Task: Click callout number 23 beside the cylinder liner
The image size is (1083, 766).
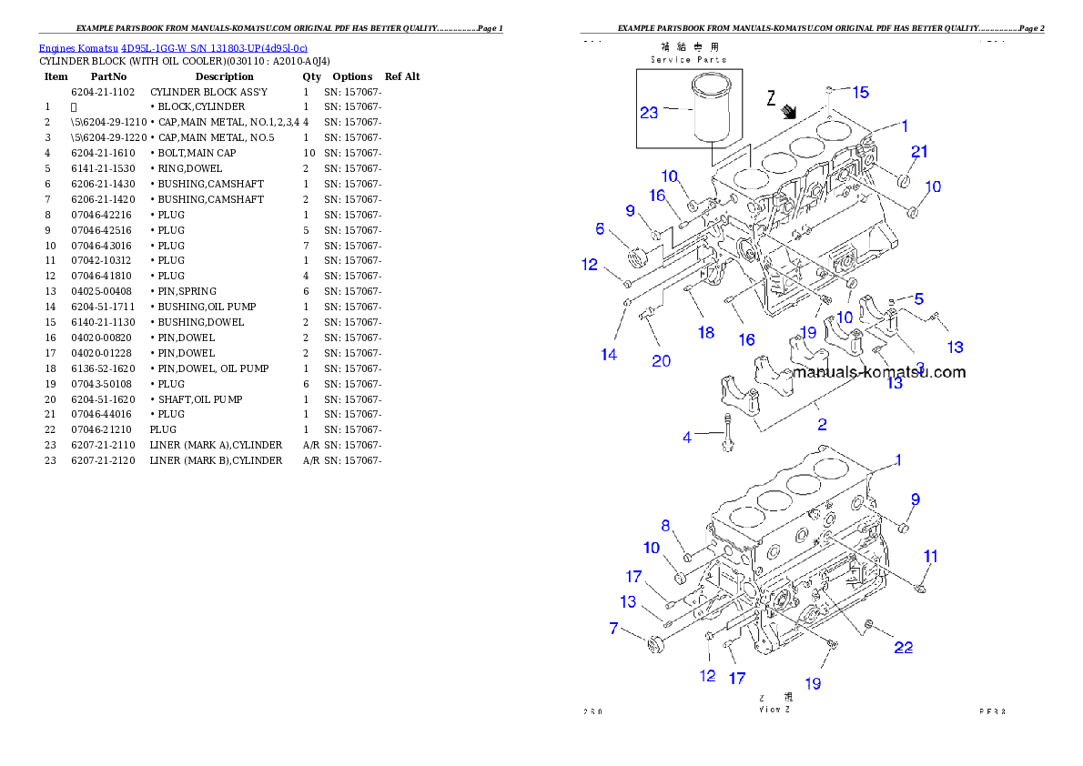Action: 649,113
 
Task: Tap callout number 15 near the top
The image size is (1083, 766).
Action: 859,92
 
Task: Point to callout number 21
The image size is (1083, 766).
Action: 919,152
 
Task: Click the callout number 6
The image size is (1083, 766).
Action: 600,229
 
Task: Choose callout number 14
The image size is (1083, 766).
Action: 609,355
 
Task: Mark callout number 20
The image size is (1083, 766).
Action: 662,361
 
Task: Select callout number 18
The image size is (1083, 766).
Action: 706,333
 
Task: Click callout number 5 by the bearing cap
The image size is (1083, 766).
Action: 919,298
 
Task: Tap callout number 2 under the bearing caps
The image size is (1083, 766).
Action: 822,424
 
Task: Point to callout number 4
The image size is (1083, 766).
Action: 687,438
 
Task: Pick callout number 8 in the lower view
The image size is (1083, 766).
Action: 665,525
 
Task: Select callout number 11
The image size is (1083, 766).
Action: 929,557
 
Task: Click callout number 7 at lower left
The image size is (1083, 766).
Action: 613,629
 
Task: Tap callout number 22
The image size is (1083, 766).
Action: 903,648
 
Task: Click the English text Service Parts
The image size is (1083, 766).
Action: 688,59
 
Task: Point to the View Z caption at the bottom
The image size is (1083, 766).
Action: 774,709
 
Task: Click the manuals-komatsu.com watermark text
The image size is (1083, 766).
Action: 878,372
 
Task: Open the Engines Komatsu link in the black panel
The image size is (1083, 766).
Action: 173,47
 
